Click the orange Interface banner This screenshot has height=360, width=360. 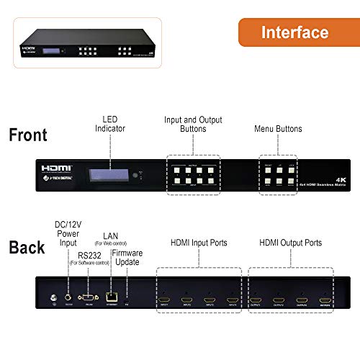[x=294, y=32]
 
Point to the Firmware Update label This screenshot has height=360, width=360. [x=127, y=257]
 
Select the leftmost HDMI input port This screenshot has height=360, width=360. [x=165, y=297]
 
